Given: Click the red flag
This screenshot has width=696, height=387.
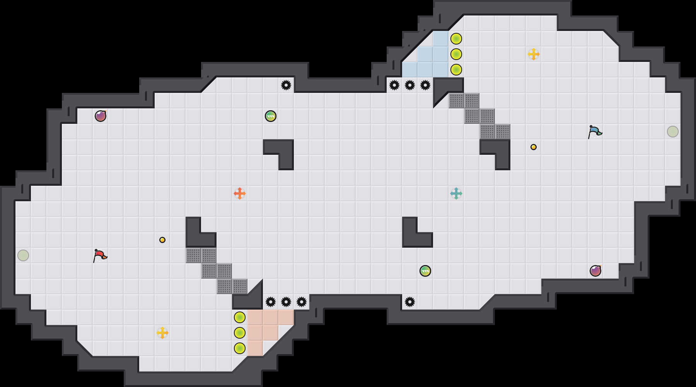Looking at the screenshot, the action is (x=100, y=255).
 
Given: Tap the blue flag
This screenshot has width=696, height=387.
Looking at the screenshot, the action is (x=595, y=132).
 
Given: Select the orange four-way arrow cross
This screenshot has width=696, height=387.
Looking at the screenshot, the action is (x=240, y=193).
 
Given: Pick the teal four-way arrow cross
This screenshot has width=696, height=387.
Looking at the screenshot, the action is (x=456, y=193).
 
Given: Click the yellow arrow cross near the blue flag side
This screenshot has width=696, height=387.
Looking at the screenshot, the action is (x=534, y=54).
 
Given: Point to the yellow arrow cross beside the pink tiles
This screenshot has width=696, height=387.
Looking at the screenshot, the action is (x=162, y=333).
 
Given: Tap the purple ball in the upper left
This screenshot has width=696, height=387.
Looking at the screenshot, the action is (x=101, y=116).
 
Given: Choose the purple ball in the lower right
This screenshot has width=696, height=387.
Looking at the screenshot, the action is (x=595, y=271).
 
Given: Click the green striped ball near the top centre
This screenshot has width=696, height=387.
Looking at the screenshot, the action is (x=271, y=116).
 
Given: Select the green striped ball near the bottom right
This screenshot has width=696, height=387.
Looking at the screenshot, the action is (x=425, y=271).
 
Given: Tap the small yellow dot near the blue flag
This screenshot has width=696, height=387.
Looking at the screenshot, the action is (x=534, y=147).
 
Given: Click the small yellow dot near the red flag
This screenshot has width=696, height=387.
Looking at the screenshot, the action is (x=162, y=240).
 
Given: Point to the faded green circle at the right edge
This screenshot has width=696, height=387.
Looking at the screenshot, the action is (x=673, y=132).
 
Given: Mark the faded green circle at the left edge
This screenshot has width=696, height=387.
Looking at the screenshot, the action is (x=23, y=255).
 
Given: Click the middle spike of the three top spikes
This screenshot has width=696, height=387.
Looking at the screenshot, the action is (x=410, y=85).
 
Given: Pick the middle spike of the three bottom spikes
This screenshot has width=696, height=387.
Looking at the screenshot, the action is (x=286, y=302).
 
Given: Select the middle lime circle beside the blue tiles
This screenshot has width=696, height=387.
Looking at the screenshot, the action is (x=456, y=54).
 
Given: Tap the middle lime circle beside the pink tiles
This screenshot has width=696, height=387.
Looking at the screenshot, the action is (x=240, y=333).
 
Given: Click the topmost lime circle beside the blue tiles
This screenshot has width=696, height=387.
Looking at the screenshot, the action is (x=456, y=39).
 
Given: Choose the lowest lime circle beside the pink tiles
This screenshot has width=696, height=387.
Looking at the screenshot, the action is (x=240, y=348).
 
